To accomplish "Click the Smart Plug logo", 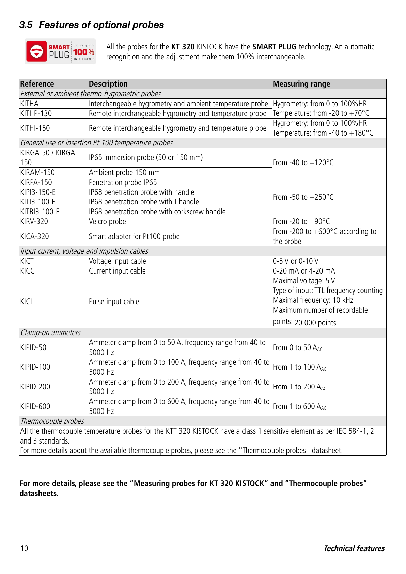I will click(60, 51).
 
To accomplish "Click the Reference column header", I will click(37, 84).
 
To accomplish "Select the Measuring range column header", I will click(301, 84).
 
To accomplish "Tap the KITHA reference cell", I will click(29, 104).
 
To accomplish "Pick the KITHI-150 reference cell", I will click(35, 128).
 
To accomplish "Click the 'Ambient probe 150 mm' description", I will click(124, 172).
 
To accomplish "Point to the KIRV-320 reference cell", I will click(34, 221).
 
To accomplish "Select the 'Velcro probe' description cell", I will click(107, 221).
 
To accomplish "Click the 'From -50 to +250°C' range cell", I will click(303, 197).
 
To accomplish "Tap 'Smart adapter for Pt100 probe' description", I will click(134, 236).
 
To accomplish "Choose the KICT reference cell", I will click(27, 261).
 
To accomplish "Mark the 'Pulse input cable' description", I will click(114, 301).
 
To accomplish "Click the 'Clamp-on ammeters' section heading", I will click(51, 332).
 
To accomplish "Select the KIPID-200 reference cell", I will click(35, 387).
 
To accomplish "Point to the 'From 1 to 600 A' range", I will click(299, 406).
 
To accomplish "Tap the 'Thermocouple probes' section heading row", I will click(52, 421).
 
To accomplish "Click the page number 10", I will click(25, 548).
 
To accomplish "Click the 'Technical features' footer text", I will click(354, 548).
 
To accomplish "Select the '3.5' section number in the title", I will click(26, 25).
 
